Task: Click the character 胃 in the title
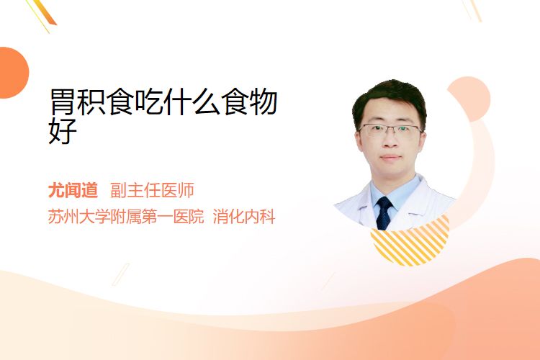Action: click(62, 102)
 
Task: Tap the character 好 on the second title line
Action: click(63, 130)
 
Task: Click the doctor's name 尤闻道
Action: click(73, 190)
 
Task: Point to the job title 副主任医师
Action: click(152, 190)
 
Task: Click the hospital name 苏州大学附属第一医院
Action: click(126, 217)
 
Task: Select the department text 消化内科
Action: click(244, 217)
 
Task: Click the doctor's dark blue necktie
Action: click(384, 213)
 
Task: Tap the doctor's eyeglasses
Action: click(390, 130)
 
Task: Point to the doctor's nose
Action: click(390, 140)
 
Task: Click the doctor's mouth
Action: click(391, 158)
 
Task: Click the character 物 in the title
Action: click(264, 102)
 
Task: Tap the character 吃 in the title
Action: click(149, 102)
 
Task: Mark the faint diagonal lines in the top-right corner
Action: click(472, 10)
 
